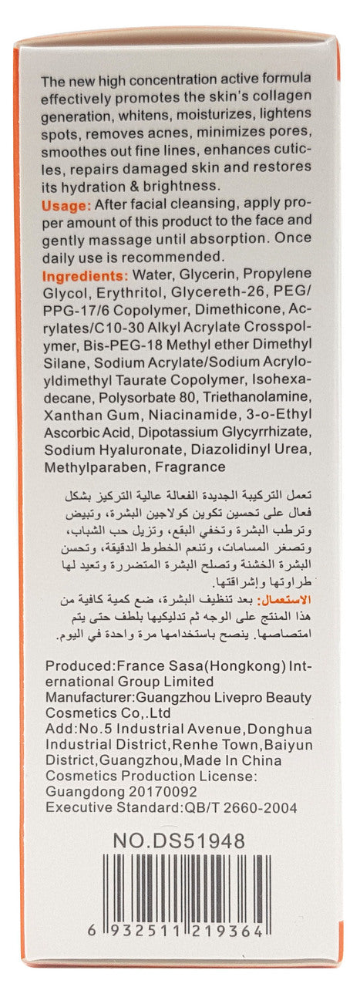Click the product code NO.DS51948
(179, 840)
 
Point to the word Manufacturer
(87, 697)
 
